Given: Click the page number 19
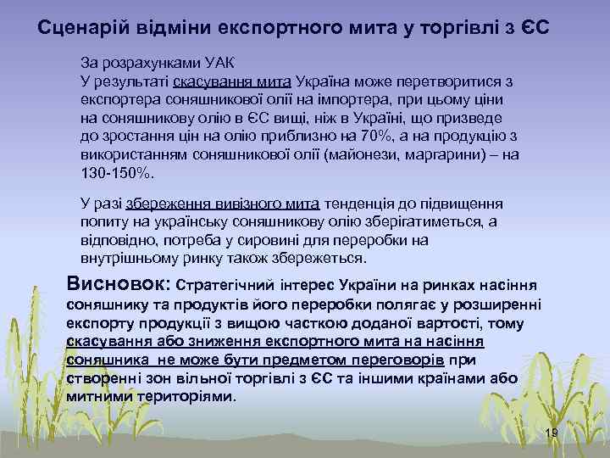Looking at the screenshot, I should pos(551,433).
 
